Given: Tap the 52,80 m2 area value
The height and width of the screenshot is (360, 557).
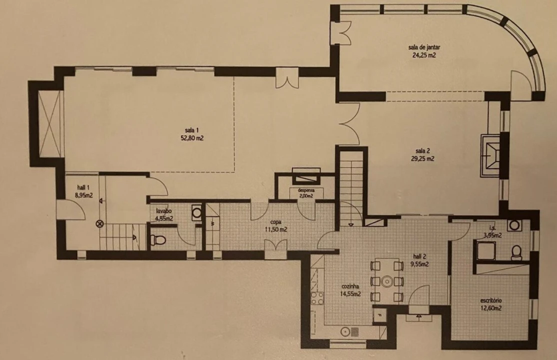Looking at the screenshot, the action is (x=192, y=138).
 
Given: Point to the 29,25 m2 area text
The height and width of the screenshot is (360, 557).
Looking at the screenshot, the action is (x=422, y=159).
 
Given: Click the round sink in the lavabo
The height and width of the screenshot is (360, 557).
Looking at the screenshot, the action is (x=196, y=212).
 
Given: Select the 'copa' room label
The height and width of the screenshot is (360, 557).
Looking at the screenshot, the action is (x=275, y=222).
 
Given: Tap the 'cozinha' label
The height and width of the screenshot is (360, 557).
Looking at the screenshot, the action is (x=350, y=286).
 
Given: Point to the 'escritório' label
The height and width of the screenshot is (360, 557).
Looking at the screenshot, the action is (x=491, y=300).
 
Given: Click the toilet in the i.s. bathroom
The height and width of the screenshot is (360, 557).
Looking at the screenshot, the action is (x=516, y=252).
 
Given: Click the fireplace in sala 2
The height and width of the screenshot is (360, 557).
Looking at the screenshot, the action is (x=490, y=155).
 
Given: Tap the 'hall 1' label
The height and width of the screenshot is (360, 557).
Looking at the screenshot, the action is (x=83, y=187).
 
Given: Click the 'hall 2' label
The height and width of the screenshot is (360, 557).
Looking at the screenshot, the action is (x=419, y=256).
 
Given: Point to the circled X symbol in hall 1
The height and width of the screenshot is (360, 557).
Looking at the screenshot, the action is (x=100, y=224).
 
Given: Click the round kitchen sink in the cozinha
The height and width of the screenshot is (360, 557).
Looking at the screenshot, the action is (x=345, y=332).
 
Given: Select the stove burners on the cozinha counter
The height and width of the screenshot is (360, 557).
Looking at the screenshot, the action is (x=317, y=298).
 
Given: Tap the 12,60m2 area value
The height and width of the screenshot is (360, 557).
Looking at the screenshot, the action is (x=491, y=308).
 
